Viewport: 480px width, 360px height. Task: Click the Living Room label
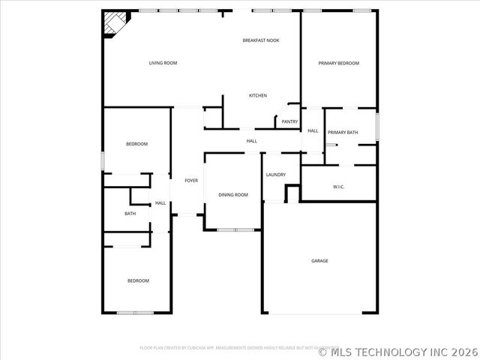point(163,63)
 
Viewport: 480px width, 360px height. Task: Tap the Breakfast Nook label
point(260,40)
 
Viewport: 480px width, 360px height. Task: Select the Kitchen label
point(258,95)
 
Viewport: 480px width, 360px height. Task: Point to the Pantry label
point(289,121)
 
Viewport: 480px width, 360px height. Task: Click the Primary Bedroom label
point(338,63)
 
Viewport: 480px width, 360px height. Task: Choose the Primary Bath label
point(343,133)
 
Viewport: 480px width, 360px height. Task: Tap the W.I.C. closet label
point(338,187)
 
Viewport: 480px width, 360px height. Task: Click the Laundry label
point(275,175)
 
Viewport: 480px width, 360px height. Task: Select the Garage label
point(320,261)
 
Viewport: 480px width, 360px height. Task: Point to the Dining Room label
point(233,195)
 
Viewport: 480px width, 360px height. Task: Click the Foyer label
point(191,181)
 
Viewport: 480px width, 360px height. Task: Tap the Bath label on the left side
point(130,214)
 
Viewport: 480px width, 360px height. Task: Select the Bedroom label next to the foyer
point(136,144)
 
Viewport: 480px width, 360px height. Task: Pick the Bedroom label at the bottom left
point(138,280)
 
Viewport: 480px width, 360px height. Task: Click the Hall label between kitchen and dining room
point(252,141)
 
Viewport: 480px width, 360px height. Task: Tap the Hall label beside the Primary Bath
point(313,131)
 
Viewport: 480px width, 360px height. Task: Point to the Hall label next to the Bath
point(160,203)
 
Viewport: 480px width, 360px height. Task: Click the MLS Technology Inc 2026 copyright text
point(397,351)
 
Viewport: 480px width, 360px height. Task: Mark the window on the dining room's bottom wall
point(233,229)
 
